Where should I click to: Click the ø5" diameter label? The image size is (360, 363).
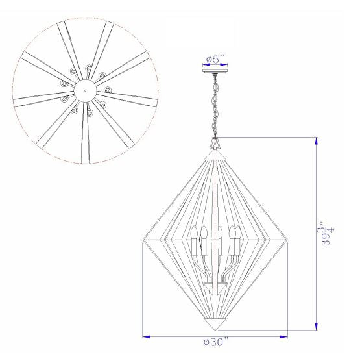(214, 60)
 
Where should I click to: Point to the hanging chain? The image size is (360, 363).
(214, 107)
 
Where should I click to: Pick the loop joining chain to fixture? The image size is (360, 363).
(215, 142)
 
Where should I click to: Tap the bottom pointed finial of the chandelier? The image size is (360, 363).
(215, 323)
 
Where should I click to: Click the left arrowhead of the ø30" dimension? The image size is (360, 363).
(145, 337)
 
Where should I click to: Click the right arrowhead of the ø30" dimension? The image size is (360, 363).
(284, 337)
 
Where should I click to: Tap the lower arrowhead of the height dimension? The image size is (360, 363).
(316, 327)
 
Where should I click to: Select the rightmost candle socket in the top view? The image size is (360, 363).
(108, 90)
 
